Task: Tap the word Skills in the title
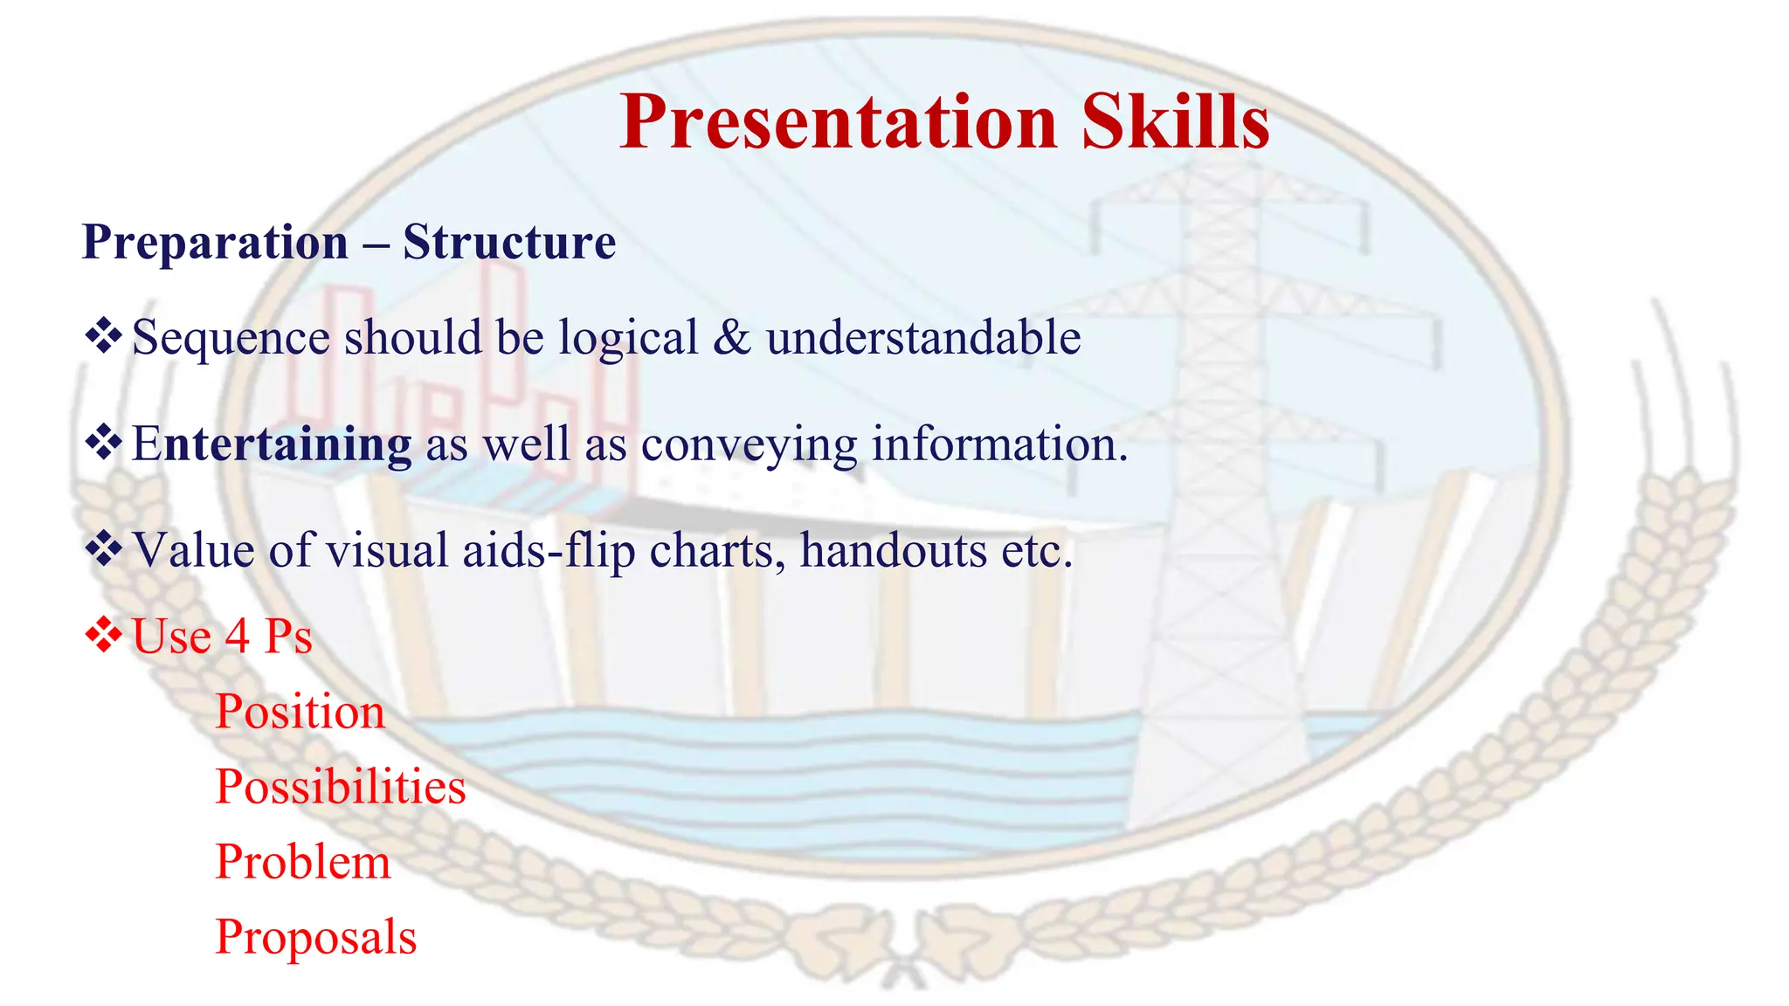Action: (1175, 122)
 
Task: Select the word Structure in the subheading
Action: (509, 242)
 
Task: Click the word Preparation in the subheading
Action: (215, 244)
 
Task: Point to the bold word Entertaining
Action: (272, 444)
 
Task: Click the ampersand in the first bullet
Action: (731, 338)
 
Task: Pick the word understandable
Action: (923, 338)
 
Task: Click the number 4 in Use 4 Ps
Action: (237, 637)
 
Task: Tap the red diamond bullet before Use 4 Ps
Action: (103, 635)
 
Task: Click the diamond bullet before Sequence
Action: (103, 336)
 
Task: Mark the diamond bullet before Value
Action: (103, 549)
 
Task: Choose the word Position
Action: (300, 712)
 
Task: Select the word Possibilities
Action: (341, 787)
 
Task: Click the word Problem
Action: (302, 862)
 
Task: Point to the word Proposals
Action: (315, 938)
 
